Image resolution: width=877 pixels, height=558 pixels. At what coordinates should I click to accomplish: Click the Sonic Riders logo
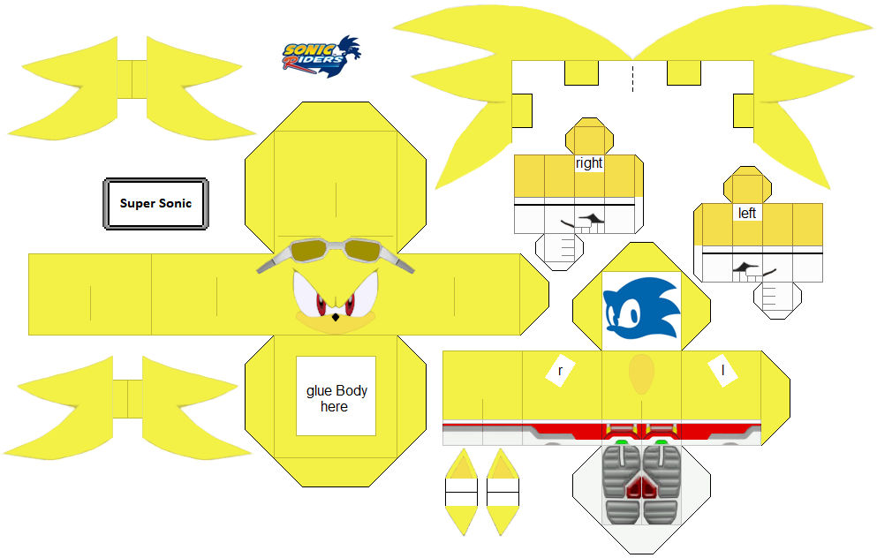[321, 57]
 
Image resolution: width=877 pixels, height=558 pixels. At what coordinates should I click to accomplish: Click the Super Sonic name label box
[155, 204]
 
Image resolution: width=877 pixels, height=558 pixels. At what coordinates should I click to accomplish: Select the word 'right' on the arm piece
[588, 163]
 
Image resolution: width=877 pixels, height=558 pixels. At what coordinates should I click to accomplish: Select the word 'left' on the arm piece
[747, 214]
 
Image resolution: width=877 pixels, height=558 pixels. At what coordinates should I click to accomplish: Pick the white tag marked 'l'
[722, 372]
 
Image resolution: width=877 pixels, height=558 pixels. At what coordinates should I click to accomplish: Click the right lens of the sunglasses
[363, 252]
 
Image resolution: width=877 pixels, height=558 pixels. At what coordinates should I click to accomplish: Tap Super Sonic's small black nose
[334, 315]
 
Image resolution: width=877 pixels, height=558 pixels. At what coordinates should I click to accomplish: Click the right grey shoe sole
[661, 482]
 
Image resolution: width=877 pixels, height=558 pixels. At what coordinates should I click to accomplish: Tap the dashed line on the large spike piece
[632, 77]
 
